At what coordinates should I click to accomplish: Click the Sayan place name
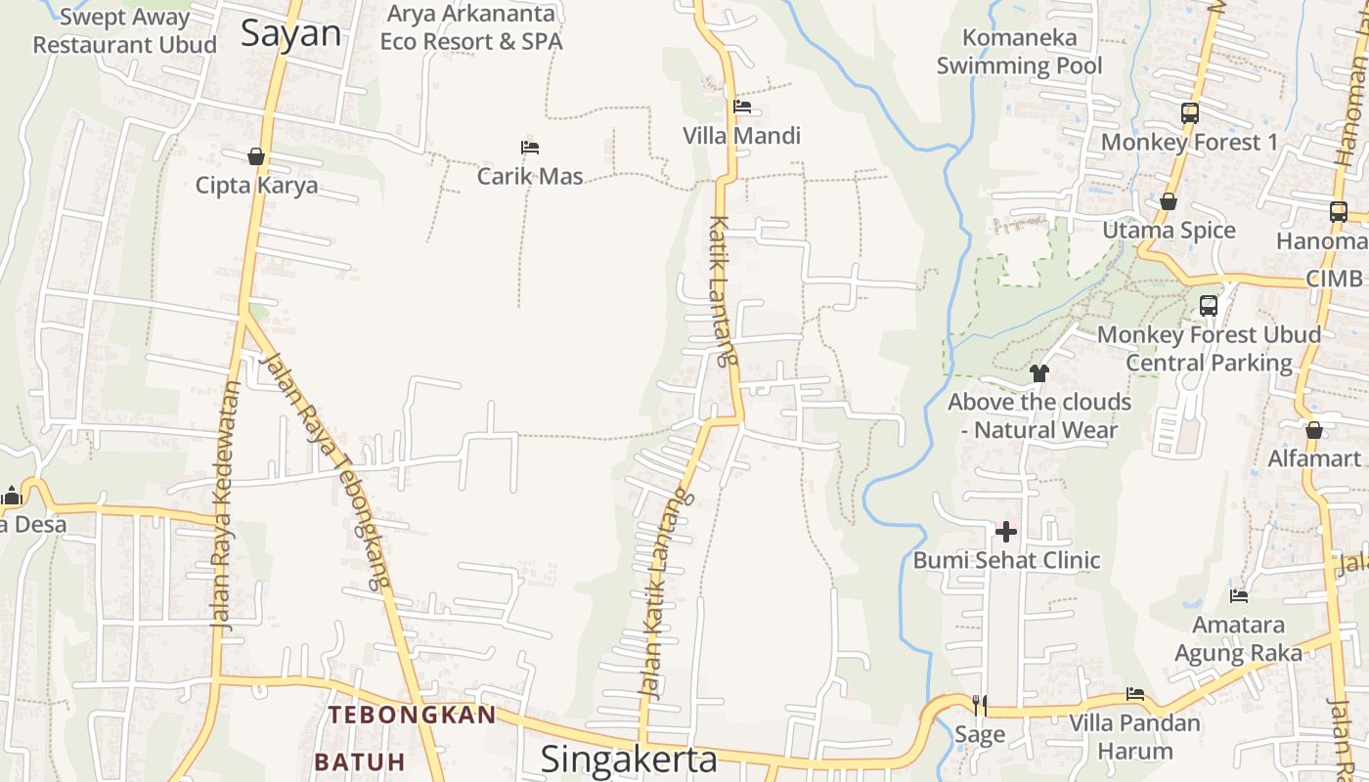[291, 33]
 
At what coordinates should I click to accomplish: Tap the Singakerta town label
[629, 759]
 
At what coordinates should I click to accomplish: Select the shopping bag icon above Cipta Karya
[256, 156]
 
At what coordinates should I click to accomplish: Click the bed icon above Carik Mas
[530, 148]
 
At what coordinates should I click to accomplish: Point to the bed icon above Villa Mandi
[742, 107]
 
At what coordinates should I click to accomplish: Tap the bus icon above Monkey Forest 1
[1189, 113]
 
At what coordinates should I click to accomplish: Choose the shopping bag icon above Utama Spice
[1169, 202]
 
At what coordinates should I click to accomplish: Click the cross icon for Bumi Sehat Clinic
[1006, 532]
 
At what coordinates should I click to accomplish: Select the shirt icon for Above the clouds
[1039, 373]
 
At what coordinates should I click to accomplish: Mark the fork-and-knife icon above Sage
[979, 705]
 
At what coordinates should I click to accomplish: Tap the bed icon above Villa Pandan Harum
[1134, 694]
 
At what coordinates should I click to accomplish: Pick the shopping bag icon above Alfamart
[1314, 430]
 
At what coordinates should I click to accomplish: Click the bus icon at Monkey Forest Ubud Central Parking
[1209, 306]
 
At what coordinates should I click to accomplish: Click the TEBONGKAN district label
[412, 715]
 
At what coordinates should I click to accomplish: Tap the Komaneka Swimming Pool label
[1019, 52]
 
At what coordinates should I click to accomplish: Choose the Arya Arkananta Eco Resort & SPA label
[471, 27]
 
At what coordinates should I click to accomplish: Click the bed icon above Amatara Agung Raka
[1239, 595]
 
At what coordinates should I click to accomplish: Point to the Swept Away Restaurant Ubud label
[124, 31]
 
